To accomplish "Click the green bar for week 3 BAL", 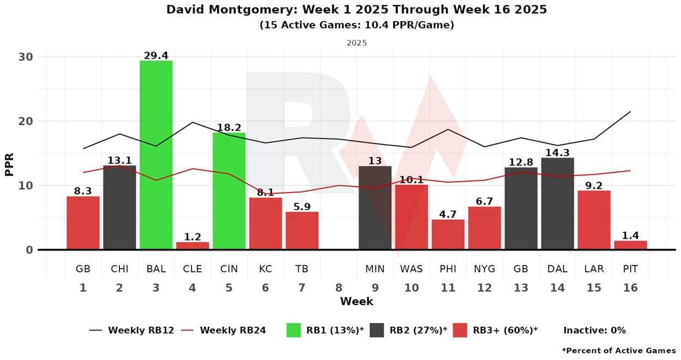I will (x=156, y=155).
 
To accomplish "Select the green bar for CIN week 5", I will (x=229, y=191).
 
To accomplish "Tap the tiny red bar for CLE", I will (x=193, y=246).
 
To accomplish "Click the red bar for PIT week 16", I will (x=630, y=245).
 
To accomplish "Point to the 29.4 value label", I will (x=156, y=56).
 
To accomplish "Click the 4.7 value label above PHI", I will (x=448, y=214).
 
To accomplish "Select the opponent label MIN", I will (x=375, y=269).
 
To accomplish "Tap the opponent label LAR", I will (x=594, y=269).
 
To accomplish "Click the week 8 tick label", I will (x=338, y=287).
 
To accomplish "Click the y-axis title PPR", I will (x=9, y=164).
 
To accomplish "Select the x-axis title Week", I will (x=356, y=301).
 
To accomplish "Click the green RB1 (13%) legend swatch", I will (x=294, y=330).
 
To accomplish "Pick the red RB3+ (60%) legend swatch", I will (x=460, y=330).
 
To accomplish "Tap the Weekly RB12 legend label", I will (x=141, y=330).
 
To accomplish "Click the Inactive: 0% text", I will (x=594, y=330).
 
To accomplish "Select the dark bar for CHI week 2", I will (x=120, y=207).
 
